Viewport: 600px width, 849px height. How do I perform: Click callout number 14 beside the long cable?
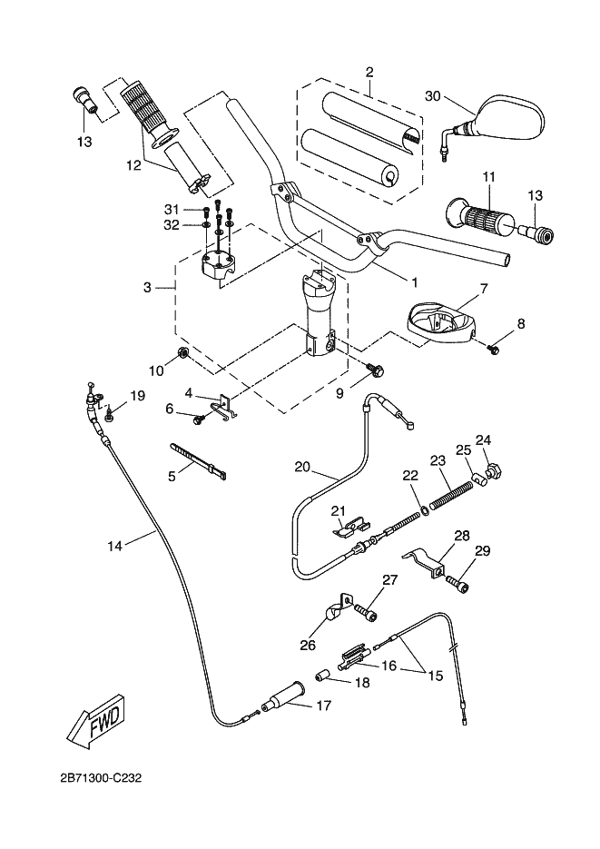[114, 546]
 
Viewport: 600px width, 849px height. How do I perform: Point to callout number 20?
[303, 467]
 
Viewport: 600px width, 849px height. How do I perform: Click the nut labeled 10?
[181, 353]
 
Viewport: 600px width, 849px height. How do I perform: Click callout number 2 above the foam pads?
[369, 72]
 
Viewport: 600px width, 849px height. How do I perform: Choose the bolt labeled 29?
[457, 585]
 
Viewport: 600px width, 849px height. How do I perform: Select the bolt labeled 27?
[366, 613]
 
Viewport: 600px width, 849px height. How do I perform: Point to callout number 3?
[146, 288]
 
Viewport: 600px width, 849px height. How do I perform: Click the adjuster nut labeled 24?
[494, 470]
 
